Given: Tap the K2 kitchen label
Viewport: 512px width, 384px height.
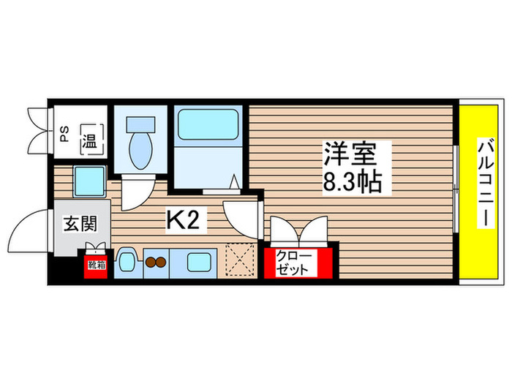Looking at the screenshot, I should pos(184,219).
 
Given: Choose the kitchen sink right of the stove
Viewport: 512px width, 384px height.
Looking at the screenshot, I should pos(198,261).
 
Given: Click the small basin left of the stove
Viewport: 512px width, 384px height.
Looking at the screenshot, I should pos(127,261).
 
